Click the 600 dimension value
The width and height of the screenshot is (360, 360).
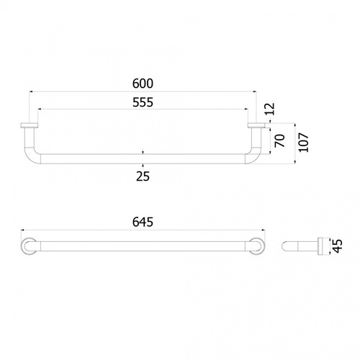point(143,84)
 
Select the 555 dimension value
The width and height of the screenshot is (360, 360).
point(143,102)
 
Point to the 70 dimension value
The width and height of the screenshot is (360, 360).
point(280,140)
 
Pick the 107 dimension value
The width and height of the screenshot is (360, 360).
point(304,143)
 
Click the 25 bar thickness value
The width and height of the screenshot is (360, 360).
point(143,176)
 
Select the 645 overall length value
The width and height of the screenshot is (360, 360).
point(143,222)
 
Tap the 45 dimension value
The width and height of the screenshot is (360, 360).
point(338,246)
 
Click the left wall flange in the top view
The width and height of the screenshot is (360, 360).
point(29,125)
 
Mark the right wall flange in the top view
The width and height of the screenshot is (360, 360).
point(256,125)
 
